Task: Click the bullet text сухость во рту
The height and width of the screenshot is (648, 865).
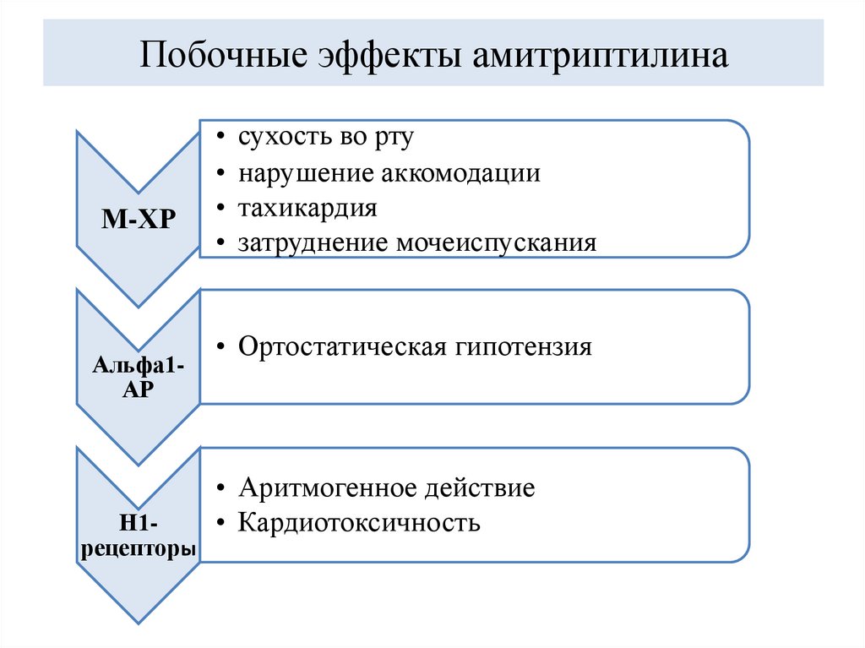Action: pyautogui.click(x=325, y=138)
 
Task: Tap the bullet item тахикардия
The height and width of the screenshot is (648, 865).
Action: pyautogui.click(x=307, y=209)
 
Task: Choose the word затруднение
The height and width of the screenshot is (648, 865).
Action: pyautogui.click(x=313, y=244)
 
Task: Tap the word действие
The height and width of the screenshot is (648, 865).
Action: pyautogui.click(x=476, y=487)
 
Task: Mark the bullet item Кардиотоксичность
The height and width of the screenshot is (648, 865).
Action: pyautogui.click(x=359, y=523)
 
